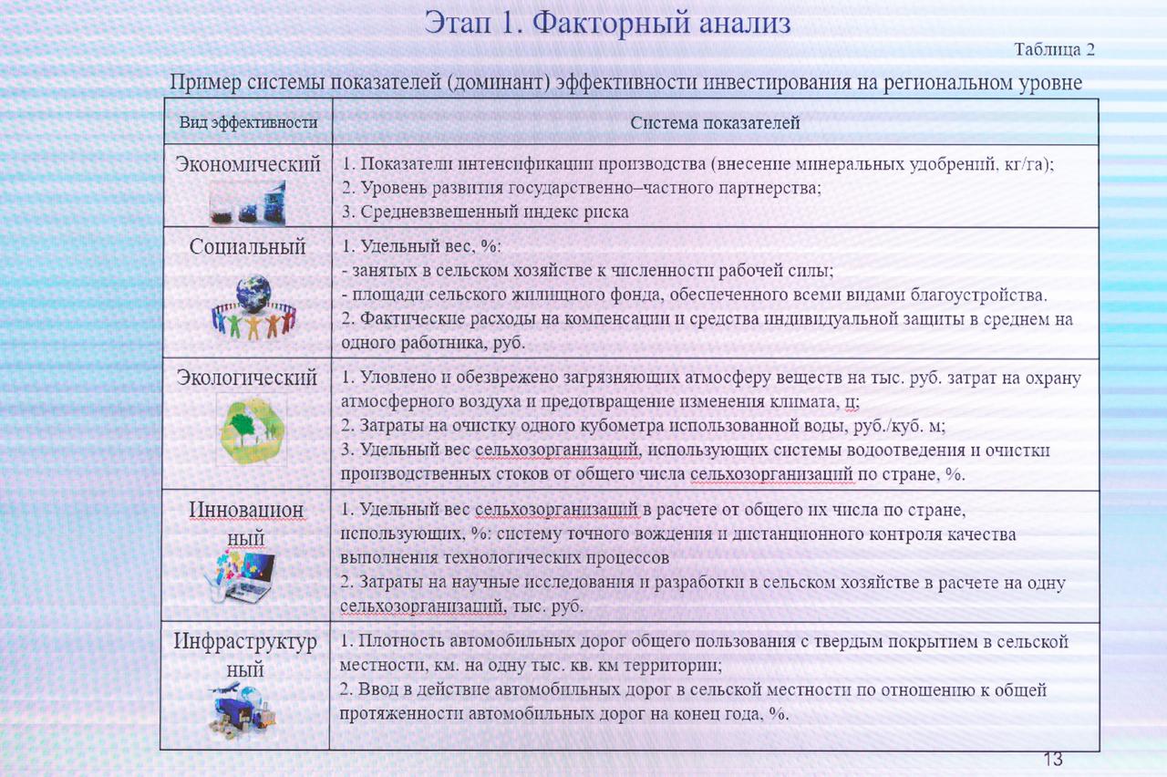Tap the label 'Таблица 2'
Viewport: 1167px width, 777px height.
coord(1054,50)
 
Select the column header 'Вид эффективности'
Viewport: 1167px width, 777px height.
coord(248,122)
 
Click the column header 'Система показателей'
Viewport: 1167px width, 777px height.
coord(716,122)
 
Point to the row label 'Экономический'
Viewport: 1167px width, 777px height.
coord(248,165)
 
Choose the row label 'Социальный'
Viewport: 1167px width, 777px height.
coord(248,246)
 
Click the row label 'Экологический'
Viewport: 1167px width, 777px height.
coord(247,377)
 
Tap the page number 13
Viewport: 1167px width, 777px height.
coord(1053,759)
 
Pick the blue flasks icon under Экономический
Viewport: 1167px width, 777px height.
coord(248,202)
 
